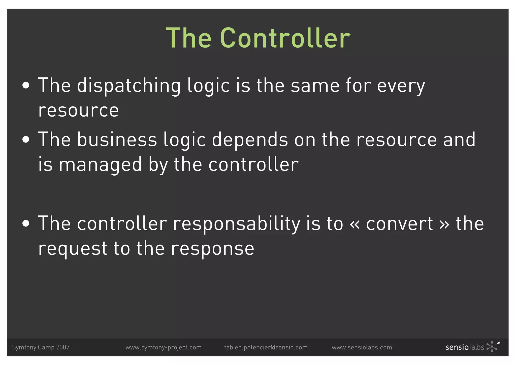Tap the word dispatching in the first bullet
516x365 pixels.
[x=129, y=86]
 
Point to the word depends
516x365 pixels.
[x=250, y=140]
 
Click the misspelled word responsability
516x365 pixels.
[x=236, y=224]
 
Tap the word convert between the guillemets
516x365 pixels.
[x=399, y=224]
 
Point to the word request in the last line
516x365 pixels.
[x=73, y=249]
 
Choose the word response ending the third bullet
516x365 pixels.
[x=213, y=249]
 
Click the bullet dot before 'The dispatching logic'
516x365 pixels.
[x=26, y=86]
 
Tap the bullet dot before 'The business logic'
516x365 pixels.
[x=26, y=139]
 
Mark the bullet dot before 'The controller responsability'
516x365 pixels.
[x=26, y=223]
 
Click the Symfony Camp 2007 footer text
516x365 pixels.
[x=41, y=347]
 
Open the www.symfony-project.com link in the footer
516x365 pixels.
[x=164, y=347]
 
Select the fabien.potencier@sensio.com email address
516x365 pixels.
[x=266, y=347]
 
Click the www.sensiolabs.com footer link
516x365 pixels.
[x=362, y=347]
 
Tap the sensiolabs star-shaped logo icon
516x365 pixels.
[x=493, y=346]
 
